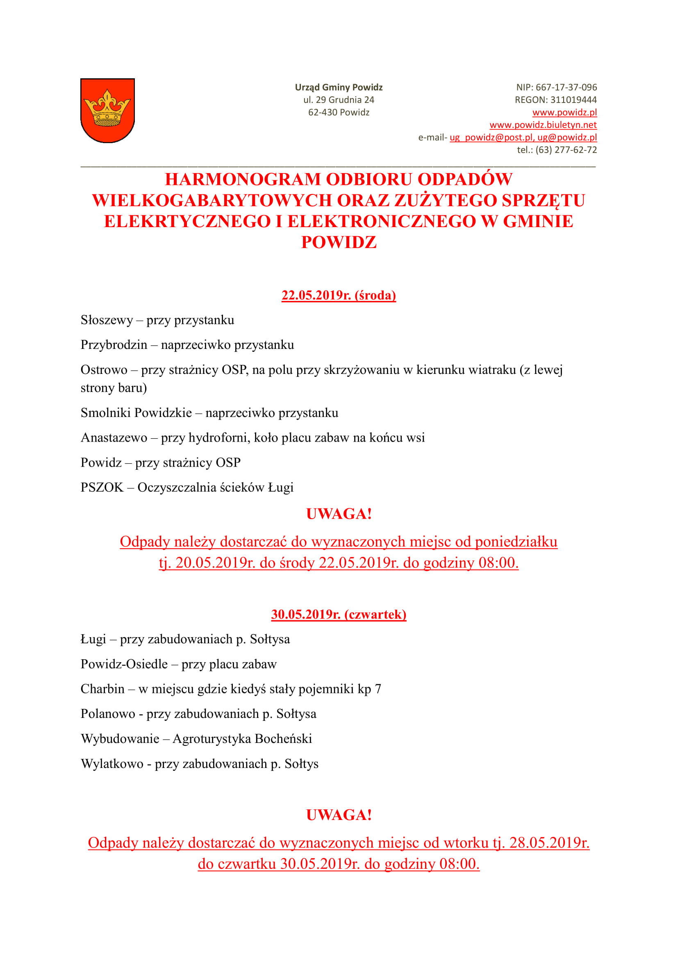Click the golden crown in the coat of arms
(107, 109)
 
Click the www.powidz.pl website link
(564, 112)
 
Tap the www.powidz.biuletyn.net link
(543, 125)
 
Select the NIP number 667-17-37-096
(566, 87)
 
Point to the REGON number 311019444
(573, 100)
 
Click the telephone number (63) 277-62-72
(566, 150)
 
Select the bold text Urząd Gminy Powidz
(339, 87)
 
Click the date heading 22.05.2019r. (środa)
(339, 295)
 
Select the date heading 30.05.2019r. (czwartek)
(339, 615)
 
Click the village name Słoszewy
(107, 320)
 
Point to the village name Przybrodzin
(114, 345)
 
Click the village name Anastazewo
(114, 438)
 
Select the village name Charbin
(102, 689)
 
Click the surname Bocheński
(283, 739)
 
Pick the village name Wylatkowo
(112, 764)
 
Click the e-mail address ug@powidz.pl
(567, 137)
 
